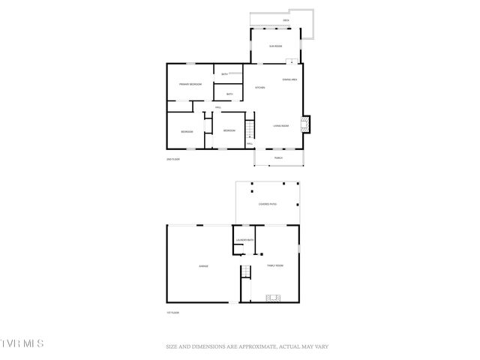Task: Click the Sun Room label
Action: tap(276, 46)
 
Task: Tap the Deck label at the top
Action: tap(286, 20)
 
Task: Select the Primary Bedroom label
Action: tap(190, 84)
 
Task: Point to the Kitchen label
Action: tap(260, 88)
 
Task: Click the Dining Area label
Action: tap(289, 79)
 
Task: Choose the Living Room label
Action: tap(282, 125)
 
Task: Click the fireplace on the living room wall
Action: tap(305, 123)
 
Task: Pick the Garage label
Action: tap(203, 266)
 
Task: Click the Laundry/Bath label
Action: tap(245, 240)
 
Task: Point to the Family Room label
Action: tap(275, 265)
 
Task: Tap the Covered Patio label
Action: tap(268, 204)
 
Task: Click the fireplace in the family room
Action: tap(274, 298)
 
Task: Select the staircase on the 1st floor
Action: tap(245, 271)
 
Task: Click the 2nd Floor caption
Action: tap(173, 159)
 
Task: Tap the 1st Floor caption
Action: tap(172, 312)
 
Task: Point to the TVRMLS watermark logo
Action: tap(22, 343)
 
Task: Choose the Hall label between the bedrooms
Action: tap(217, 108)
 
